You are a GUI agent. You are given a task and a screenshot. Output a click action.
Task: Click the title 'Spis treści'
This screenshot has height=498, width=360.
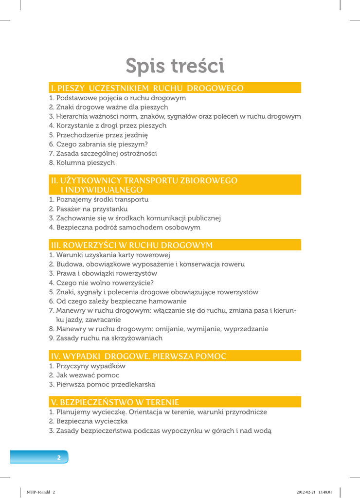175,66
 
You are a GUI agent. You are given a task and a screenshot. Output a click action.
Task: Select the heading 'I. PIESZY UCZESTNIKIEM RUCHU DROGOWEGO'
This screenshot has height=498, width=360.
147,88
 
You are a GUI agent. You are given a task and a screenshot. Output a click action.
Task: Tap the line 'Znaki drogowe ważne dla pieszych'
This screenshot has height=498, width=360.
112,107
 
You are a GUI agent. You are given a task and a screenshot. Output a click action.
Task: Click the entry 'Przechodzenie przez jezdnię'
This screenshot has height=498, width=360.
102,135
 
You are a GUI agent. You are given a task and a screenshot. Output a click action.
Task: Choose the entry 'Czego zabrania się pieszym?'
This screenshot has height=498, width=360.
102,144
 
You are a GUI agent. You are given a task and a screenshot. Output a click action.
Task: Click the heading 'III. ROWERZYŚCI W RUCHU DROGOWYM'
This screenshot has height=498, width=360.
132,245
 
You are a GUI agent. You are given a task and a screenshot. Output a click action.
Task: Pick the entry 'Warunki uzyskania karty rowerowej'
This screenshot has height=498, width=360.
113,255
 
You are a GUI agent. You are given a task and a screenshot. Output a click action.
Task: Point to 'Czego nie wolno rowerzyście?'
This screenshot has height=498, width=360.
105,283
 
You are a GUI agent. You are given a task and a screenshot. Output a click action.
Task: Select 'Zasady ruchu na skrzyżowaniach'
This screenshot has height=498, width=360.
109,338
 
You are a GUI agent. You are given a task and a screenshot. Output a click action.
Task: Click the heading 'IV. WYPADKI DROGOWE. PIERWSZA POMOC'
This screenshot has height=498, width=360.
139,356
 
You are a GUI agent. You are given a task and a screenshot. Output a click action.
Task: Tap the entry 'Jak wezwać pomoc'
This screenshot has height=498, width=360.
88,375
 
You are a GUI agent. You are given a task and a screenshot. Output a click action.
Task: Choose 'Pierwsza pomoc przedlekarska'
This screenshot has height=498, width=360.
106,384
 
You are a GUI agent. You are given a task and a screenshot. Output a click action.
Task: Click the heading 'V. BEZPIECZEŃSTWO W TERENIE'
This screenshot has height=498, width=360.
115,402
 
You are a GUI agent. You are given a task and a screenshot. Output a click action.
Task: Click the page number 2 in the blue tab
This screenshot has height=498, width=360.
59,457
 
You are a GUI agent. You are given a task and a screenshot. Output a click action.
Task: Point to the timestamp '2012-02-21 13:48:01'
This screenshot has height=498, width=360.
314,492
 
